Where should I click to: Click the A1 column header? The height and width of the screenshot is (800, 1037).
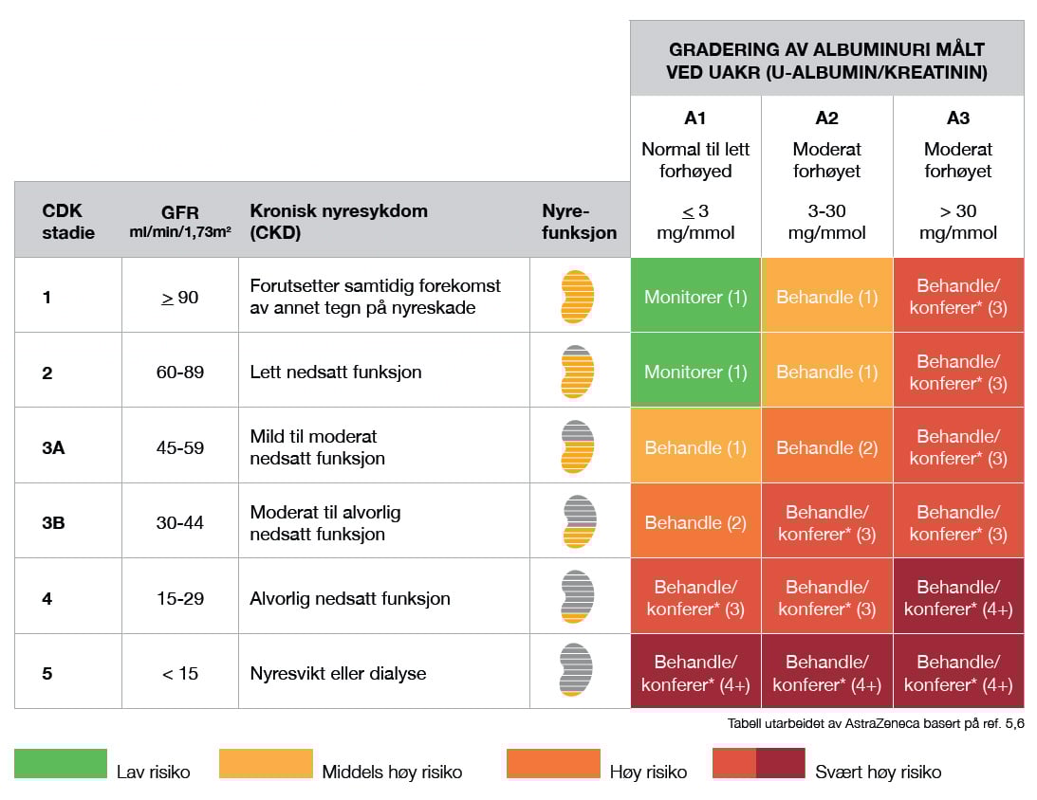694,118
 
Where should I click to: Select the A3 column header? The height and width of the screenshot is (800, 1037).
958,118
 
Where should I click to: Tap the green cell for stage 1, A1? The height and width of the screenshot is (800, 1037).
695,297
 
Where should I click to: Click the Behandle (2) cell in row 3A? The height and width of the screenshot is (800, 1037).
826,447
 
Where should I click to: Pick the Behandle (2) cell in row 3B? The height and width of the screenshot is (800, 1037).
695,522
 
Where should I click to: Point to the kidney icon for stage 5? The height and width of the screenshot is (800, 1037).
577,671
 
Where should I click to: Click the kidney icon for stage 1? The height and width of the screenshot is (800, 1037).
577,296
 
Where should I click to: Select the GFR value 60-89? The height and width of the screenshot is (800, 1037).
180,372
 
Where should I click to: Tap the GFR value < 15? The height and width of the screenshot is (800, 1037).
180,674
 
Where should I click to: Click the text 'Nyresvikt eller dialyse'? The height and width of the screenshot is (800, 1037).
338,674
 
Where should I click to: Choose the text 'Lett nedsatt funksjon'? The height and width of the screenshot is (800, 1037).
336,372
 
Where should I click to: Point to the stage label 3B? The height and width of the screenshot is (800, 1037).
53,522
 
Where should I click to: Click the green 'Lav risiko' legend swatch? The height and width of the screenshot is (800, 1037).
61,764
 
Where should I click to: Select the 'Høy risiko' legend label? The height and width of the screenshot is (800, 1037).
648,773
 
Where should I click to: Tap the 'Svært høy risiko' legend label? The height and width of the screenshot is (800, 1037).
878,773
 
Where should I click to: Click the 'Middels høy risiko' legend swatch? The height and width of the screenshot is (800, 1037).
266,764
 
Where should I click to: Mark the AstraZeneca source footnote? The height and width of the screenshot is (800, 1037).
876,723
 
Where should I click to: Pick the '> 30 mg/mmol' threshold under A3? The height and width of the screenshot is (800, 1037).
958,222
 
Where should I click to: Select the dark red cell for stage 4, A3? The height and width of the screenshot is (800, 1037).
958,597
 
